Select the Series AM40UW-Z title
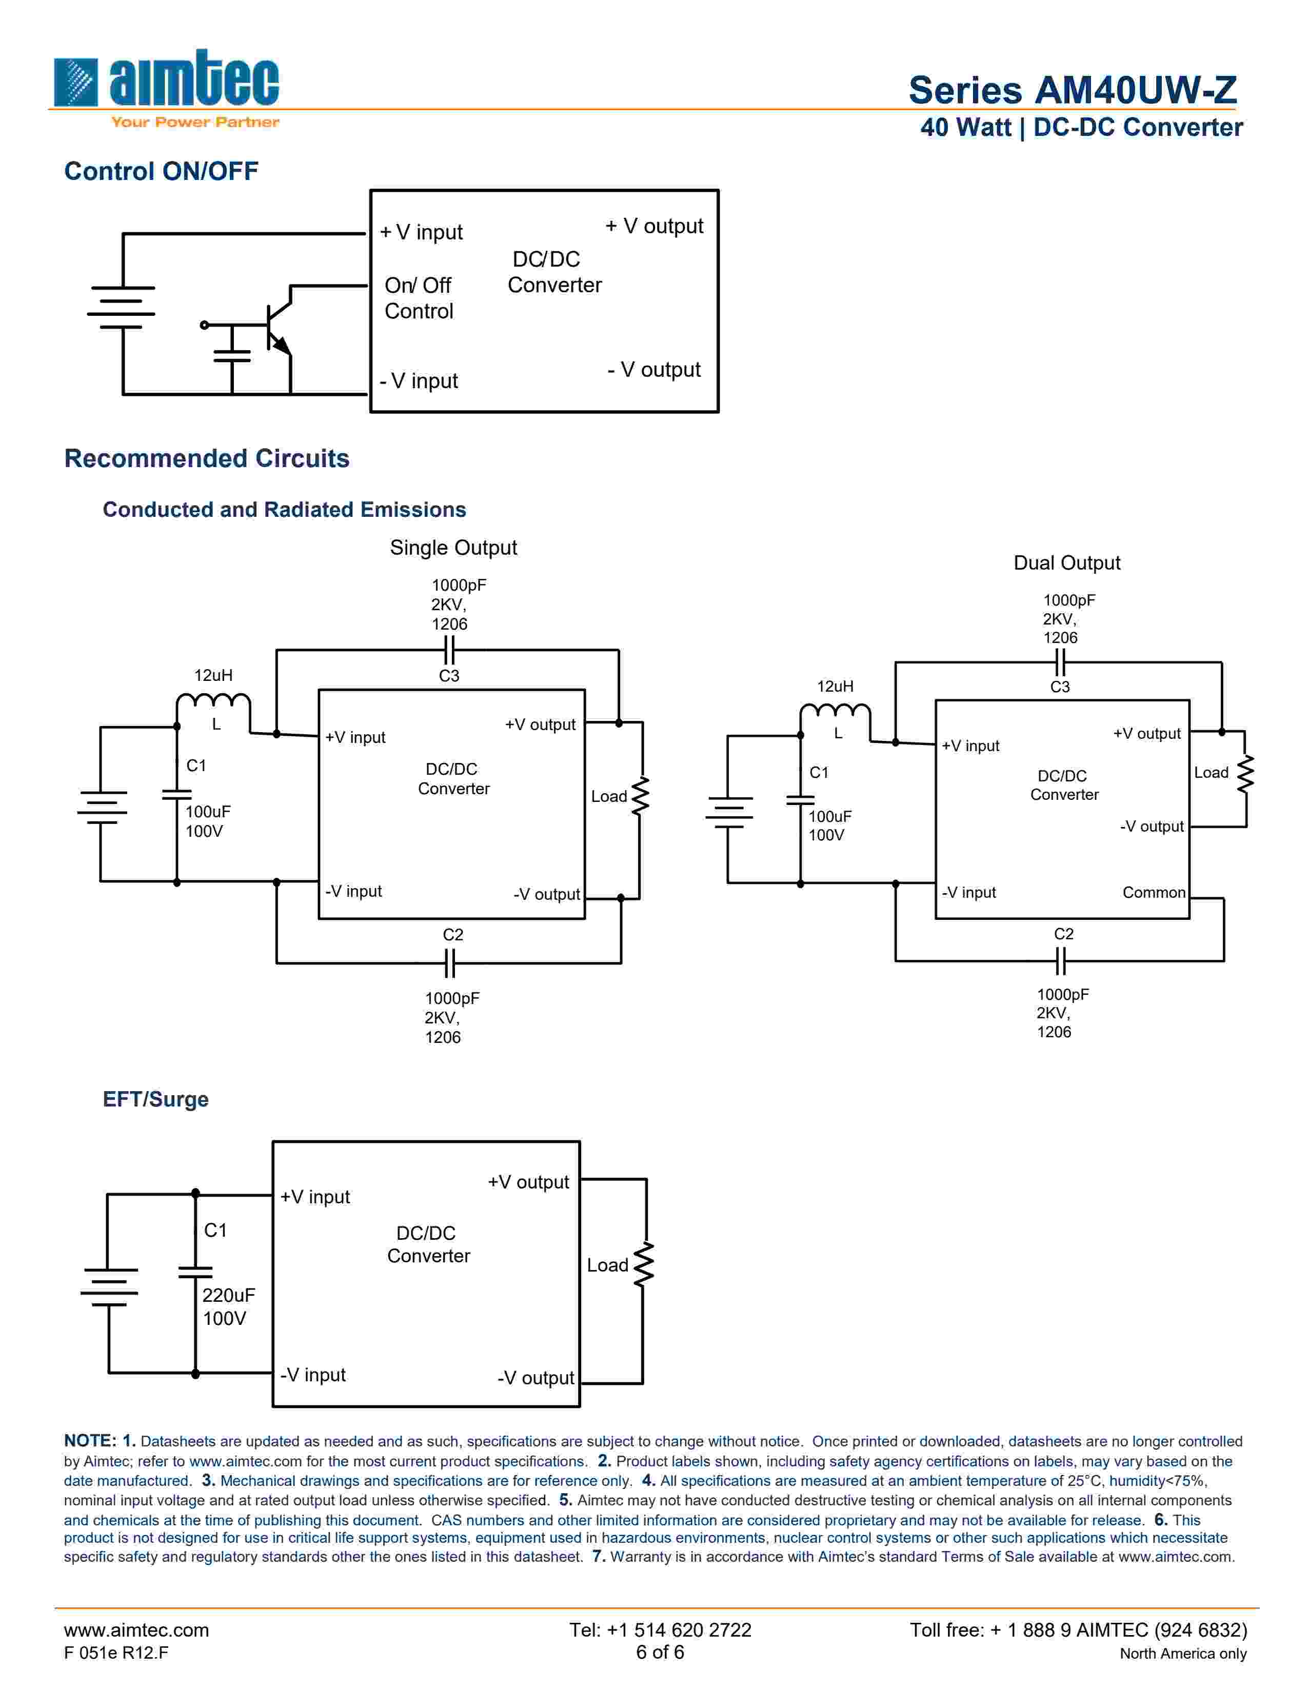click(1073, 90)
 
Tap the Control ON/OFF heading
click(161, 171)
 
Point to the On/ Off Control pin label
click(419, 298)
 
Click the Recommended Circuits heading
click(207, 459)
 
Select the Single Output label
click(453, 548)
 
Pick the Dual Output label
click(1066, 563)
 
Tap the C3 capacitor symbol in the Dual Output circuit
click(1061, 662)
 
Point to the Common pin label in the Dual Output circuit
click(1154, 893)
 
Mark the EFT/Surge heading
click(156, 1099)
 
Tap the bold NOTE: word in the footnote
click(90, 1441)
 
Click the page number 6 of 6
click(660, 1653)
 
